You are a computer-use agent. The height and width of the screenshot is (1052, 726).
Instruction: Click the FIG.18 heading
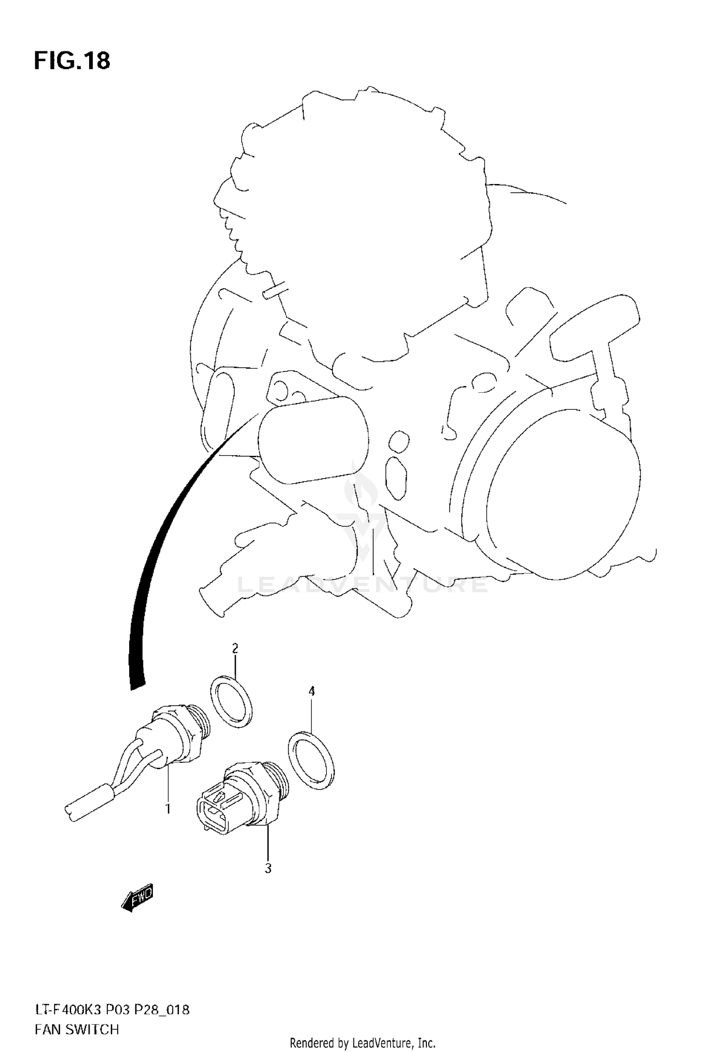click(x=72, y=61)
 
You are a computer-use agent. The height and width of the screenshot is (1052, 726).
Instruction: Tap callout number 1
click(x=168, y=808)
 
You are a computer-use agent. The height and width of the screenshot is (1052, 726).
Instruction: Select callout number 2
click(x=235, y=648)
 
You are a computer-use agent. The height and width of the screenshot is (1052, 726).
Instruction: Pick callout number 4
click(x=312, y=691)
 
